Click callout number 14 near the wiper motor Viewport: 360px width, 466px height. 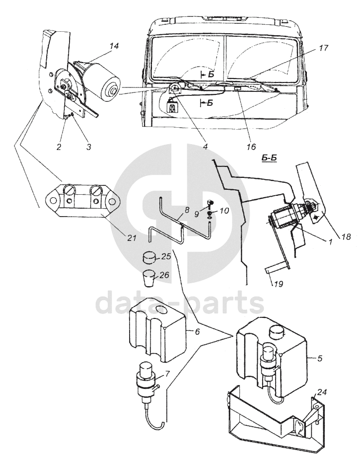[114, 46]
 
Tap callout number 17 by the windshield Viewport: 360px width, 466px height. [323, 48]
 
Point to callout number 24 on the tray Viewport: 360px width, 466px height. [322, 392]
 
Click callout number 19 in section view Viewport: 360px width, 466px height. [279, 284]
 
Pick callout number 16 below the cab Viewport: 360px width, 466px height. [251, 147]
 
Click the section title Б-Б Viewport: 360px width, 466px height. [270, 158]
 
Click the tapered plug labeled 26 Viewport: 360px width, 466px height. [149, 278]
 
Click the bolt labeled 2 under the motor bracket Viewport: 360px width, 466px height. [66, 117]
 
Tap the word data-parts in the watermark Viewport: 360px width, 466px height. [180, 304]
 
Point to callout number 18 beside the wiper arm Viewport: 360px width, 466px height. [346, 236]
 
